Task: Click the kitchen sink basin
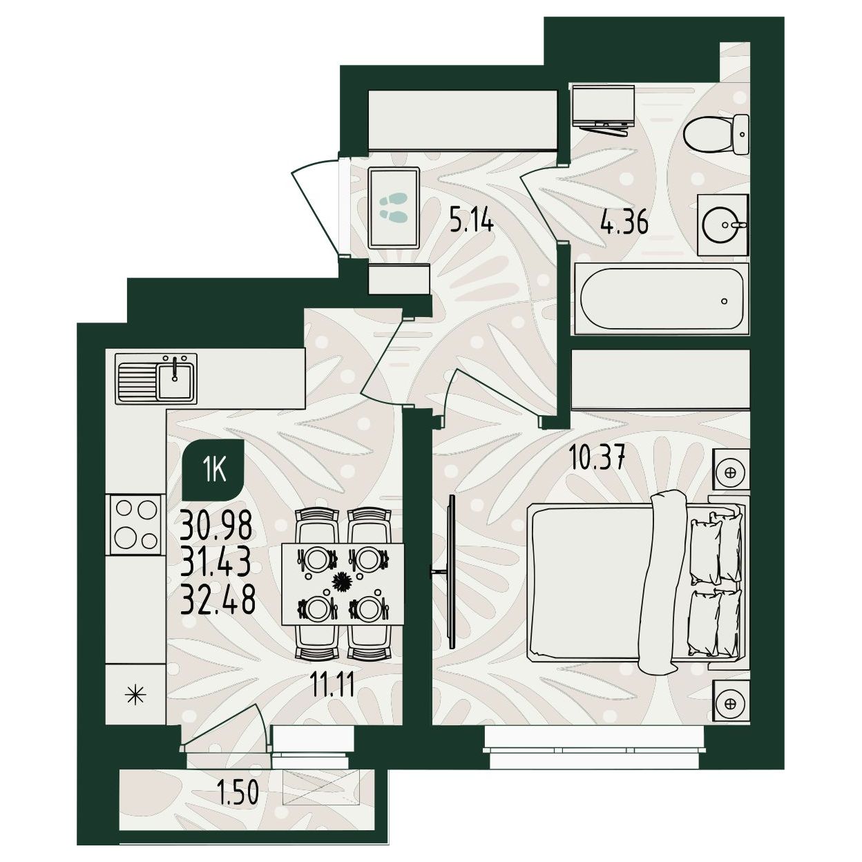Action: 176,380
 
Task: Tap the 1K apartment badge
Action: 214,470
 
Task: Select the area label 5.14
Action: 472,222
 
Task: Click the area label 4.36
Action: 624,222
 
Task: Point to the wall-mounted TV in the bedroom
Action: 451,571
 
